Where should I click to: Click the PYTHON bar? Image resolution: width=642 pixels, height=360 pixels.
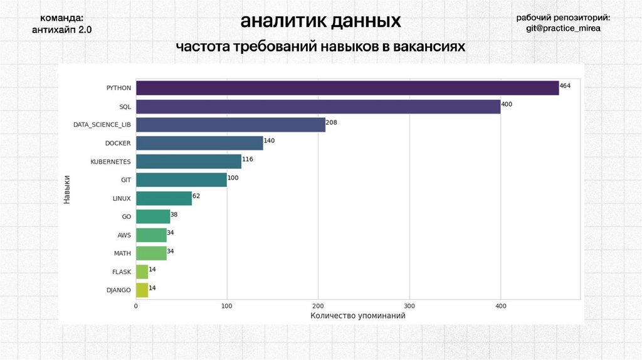click(347, 88)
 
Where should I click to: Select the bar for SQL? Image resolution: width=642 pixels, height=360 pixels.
click(318, 107)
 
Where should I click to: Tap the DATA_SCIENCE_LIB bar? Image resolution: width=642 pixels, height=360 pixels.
click(230, 125)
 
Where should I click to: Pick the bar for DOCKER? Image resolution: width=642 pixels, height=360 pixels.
click(199, 143)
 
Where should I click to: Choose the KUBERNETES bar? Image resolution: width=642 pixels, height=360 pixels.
click(188, 161)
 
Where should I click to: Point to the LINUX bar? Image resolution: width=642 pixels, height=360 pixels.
click(164, 198)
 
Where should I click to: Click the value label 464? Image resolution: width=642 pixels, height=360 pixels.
click(565, 85)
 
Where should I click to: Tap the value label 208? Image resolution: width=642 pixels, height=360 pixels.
click(332, 122)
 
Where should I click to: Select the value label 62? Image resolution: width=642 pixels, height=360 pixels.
click(196, 196)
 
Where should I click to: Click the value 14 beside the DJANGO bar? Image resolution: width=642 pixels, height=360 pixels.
click(152, 287)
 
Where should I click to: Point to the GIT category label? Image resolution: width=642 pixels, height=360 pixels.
click(125, 180)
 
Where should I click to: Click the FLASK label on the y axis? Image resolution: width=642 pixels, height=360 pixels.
click(121, 272)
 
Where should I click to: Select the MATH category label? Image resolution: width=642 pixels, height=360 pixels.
click(122, 253)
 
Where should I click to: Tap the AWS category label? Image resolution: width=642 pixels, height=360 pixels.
click(124, 235)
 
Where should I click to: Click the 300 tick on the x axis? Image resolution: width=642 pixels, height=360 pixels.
click(409, 306)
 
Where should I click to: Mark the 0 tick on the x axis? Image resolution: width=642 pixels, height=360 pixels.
click(136, 306)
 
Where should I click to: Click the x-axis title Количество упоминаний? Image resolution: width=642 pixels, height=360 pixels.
click(357, 316)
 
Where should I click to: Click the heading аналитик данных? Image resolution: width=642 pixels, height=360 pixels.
click(320, 22)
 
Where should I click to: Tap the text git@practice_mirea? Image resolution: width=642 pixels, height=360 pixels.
click(563, 29)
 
